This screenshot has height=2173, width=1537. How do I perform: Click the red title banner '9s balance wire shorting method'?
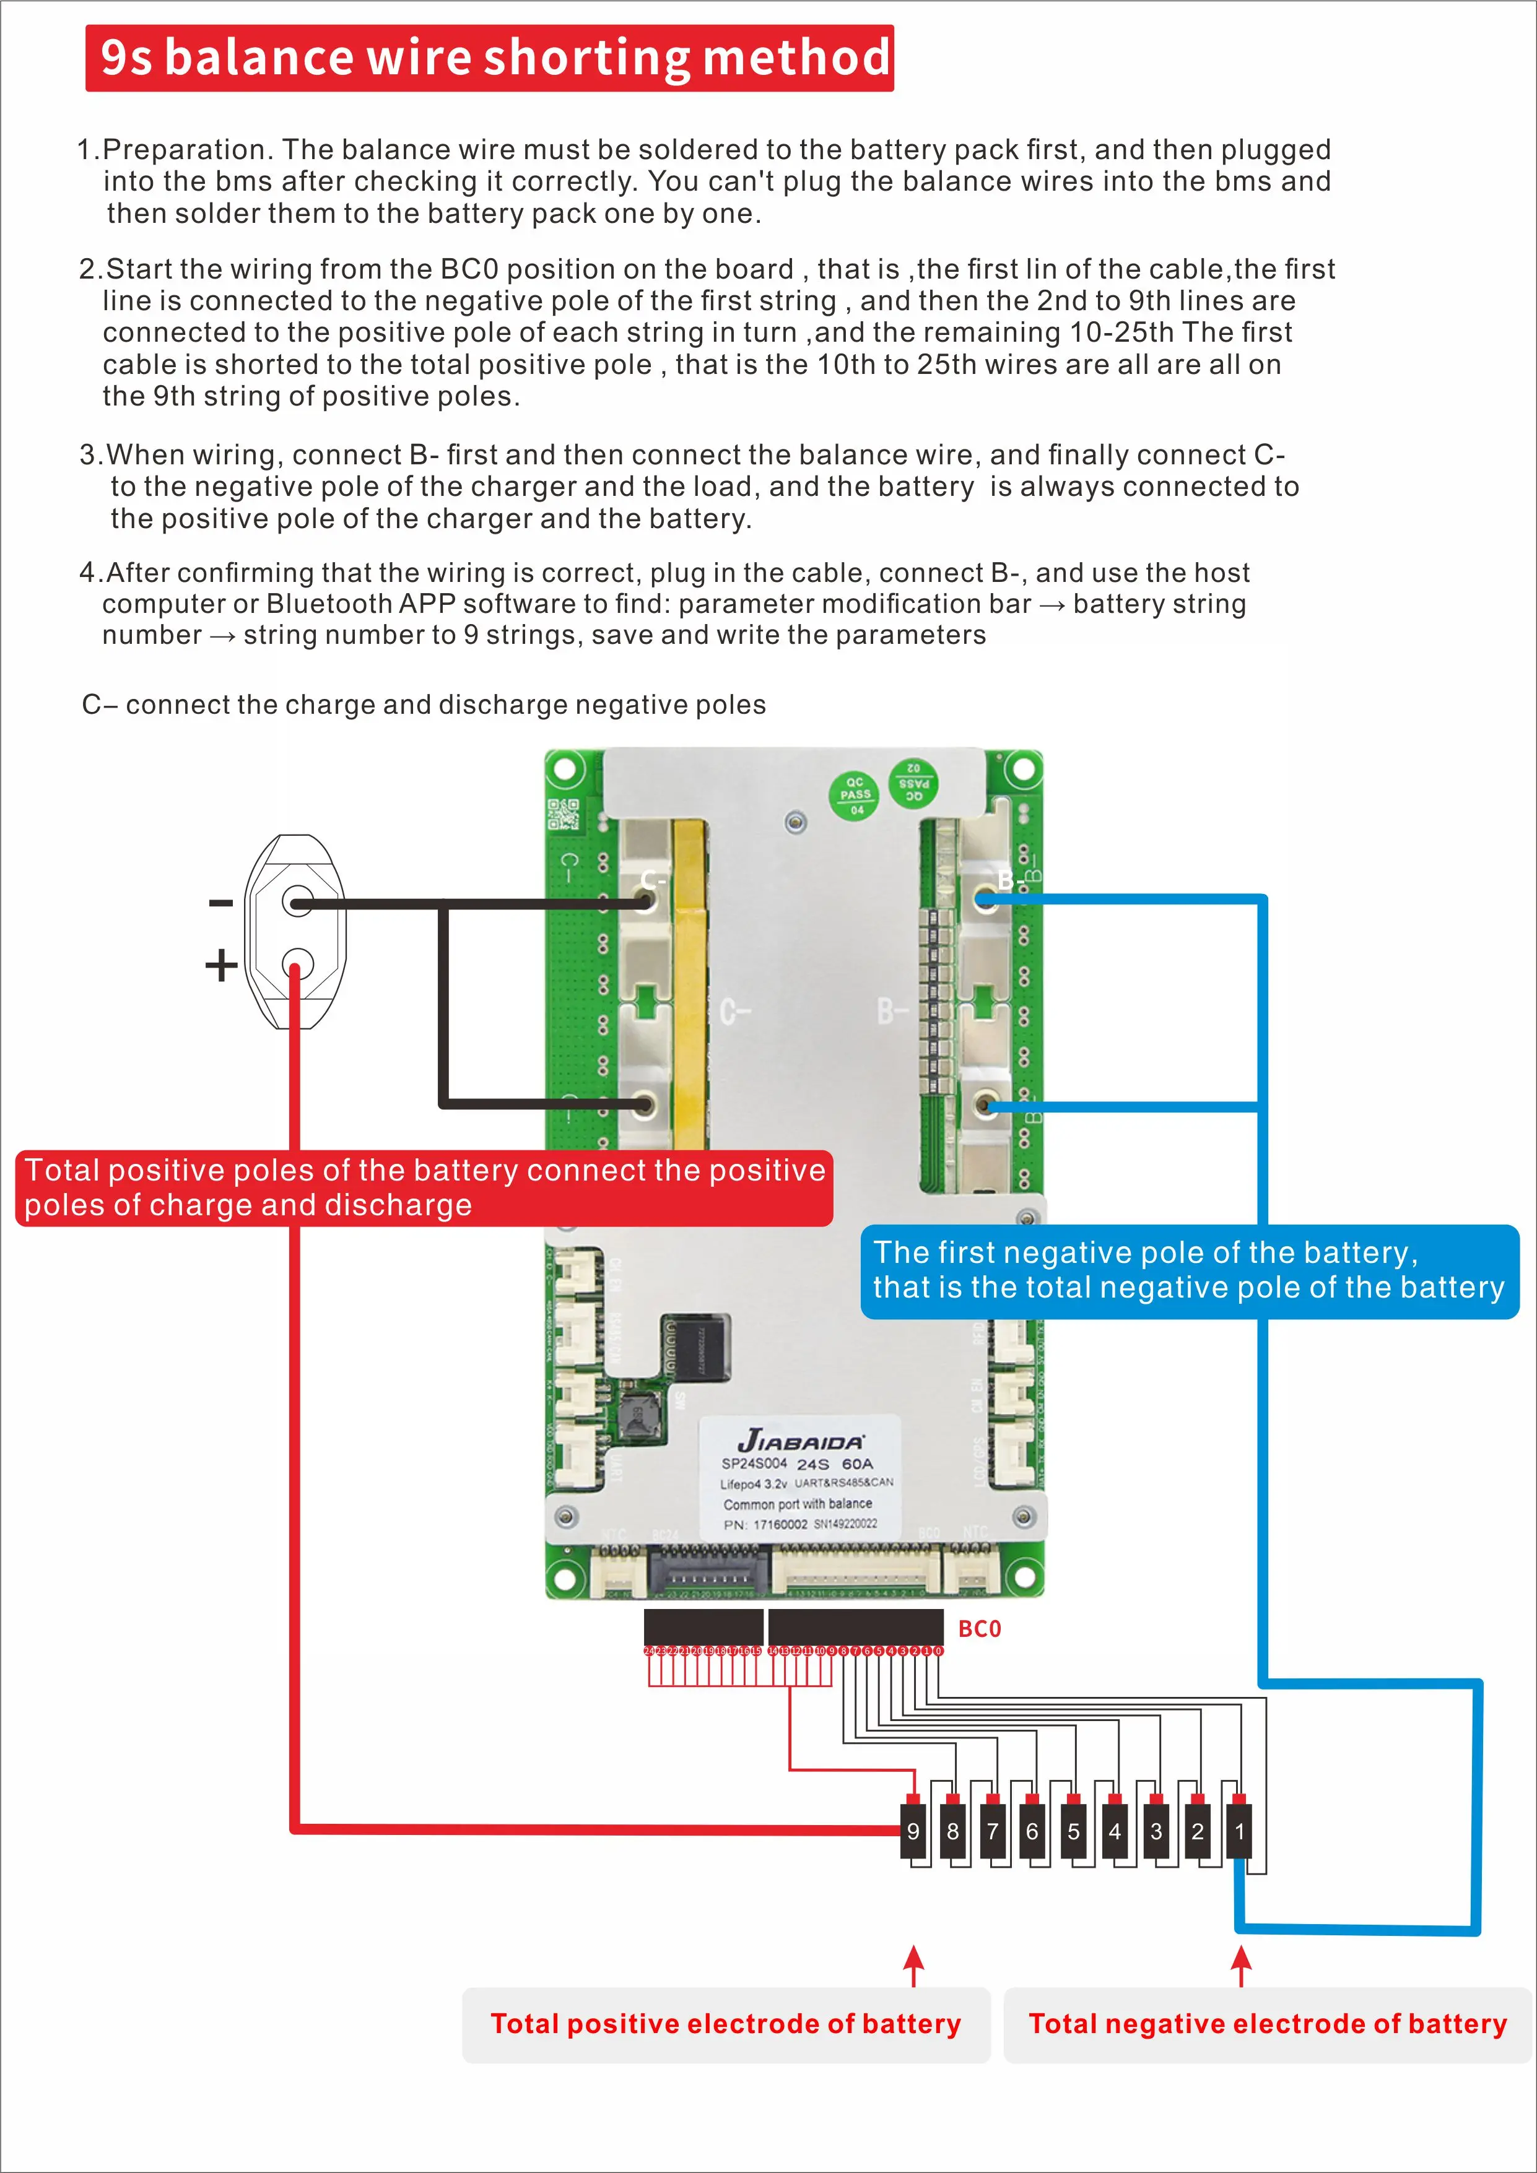pos(489,58)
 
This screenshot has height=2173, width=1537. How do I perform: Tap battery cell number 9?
pos(913,1831)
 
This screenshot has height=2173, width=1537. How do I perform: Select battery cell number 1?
pos(1239,1831)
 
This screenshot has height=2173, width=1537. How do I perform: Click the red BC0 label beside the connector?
pos(980,1629)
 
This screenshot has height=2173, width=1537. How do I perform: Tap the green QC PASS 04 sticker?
pos(855,795)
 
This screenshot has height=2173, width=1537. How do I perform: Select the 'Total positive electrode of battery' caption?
pos(725,2023)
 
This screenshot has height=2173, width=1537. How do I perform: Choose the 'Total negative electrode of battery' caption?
pos(1267,2023)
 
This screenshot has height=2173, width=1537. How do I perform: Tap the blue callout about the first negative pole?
pos(1189,1270)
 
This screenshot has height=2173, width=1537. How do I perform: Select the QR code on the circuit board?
pos(563,814)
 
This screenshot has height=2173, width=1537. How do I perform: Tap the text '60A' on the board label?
pos(858,1463)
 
